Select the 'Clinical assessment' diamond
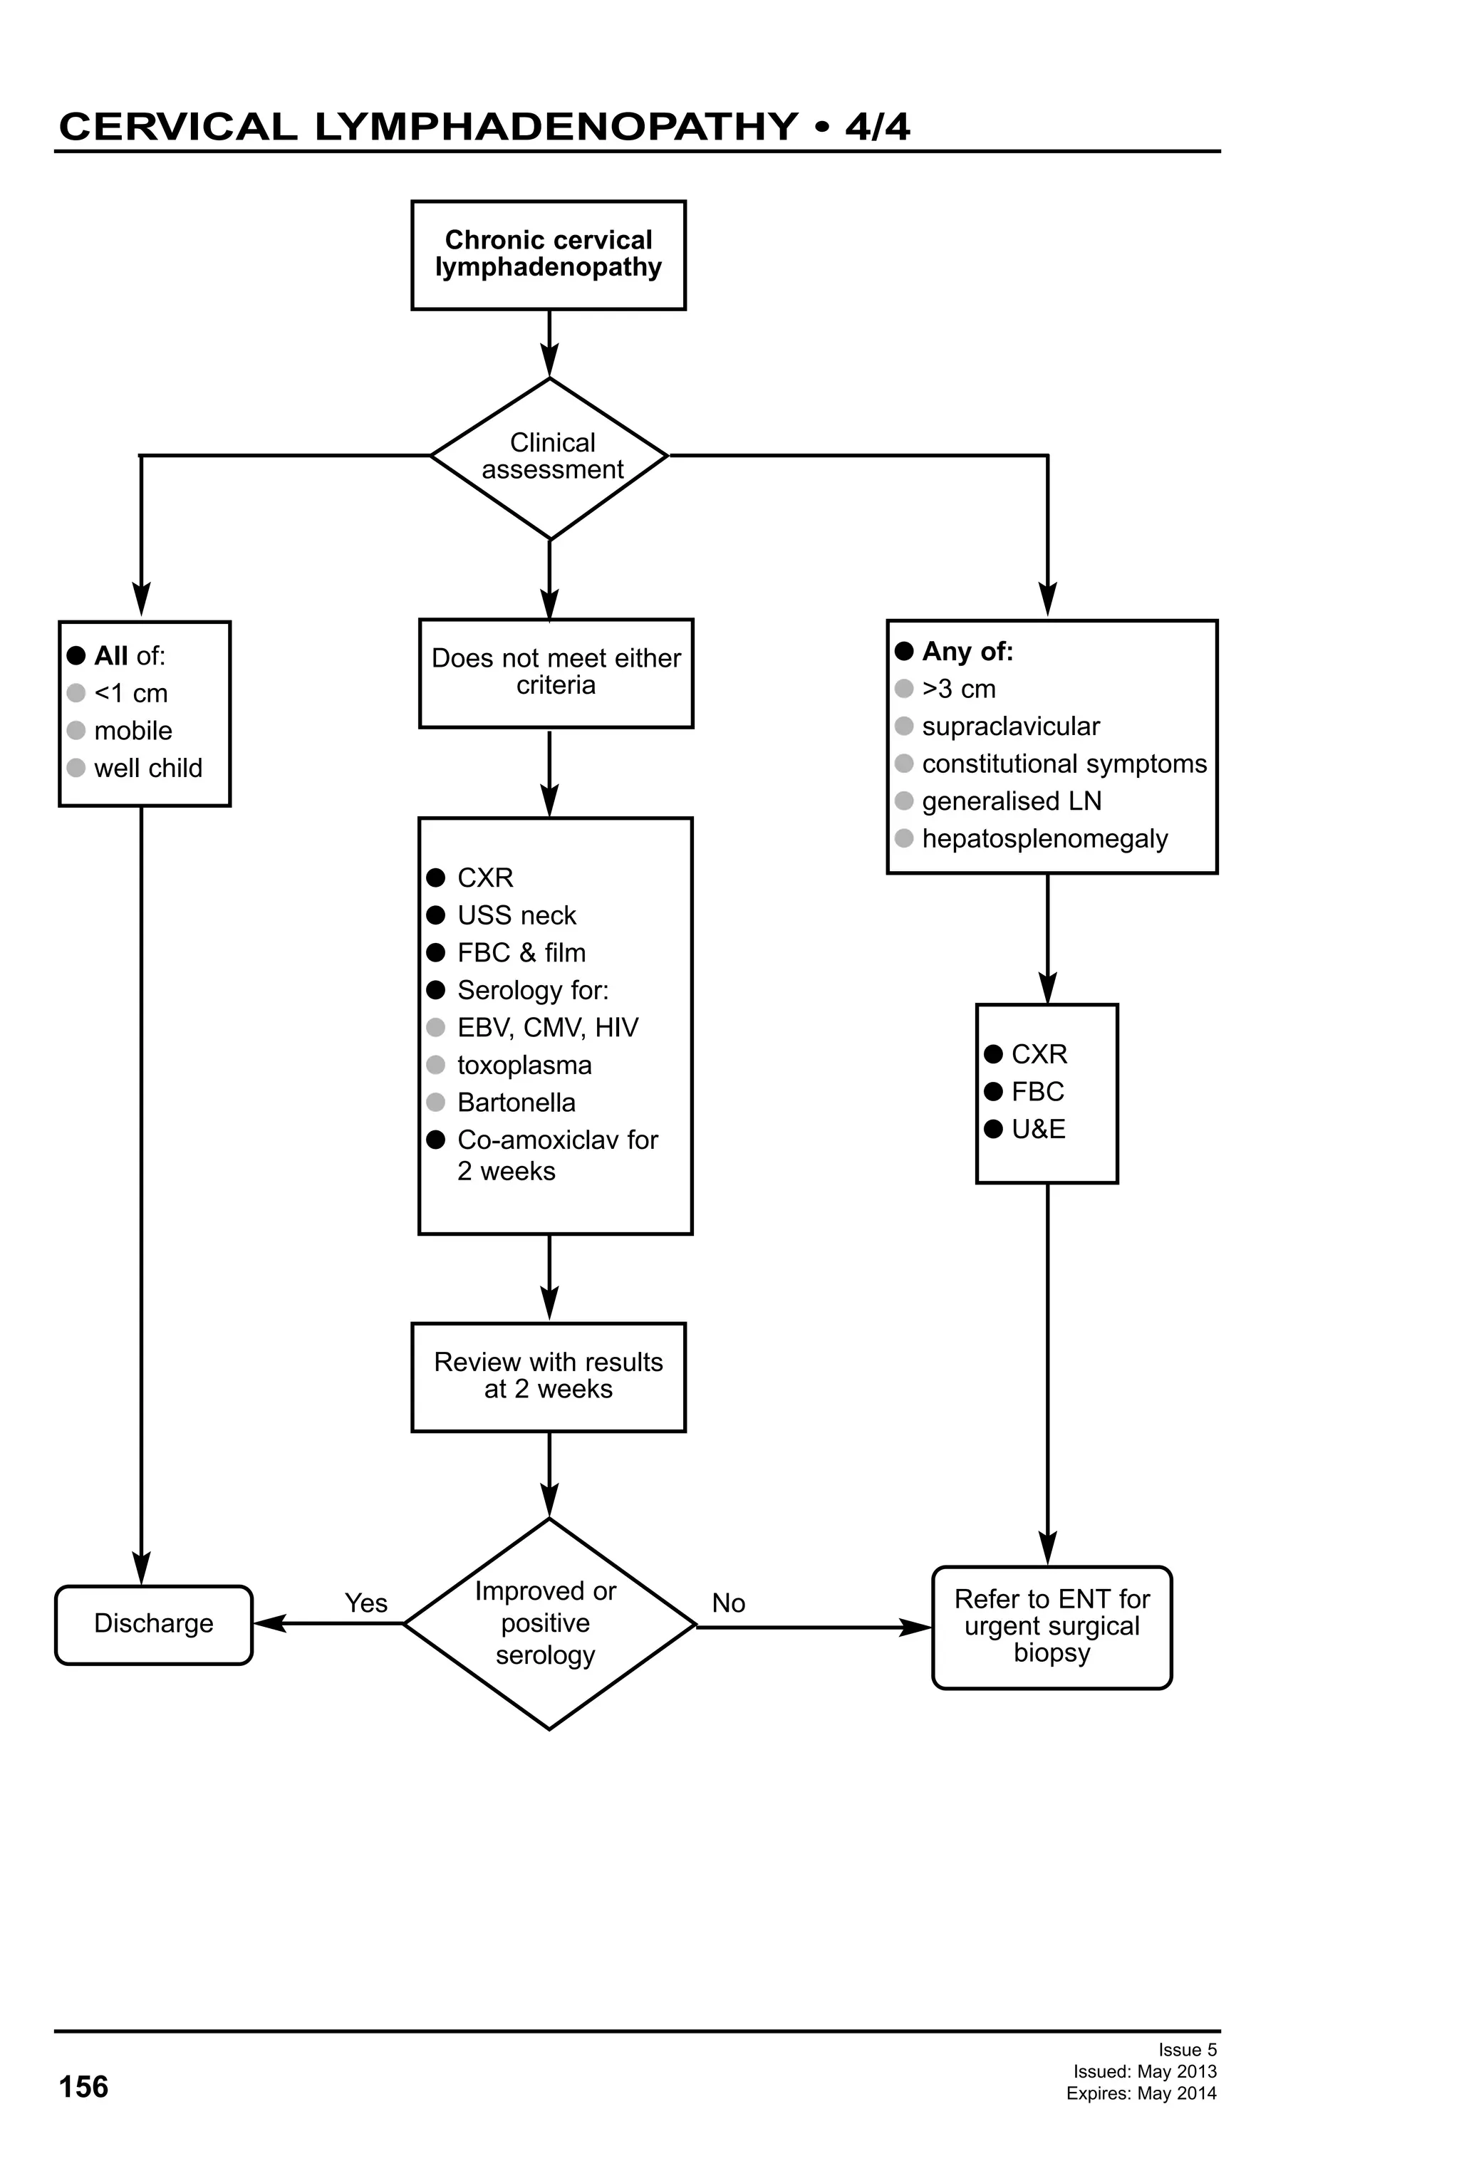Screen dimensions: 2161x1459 549,457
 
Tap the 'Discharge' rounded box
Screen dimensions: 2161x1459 153,1623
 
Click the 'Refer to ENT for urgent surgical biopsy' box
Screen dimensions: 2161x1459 1051,1625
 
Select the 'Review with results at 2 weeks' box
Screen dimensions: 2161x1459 548,1375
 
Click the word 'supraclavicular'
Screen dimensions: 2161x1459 1010,727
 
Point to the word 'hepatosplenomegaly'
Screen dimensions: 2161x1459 1044,839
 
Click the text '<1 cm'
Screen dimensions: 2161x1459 130,694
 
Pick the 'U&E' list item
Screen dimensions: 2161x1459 1038,1129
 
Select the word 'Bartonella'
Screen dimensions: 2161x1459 516,1103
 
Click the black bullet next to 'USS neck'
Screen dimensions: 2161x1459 435,915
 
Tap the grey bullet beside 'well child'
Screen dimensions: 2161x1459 76,768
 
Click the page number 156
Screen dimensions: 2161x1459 83,2087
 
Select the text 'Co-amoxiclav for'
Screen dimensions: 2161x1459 557,1140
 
